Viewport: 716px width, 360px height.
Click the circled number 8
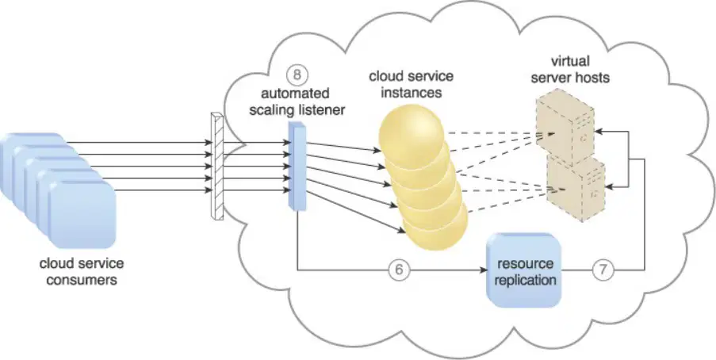(297, 75)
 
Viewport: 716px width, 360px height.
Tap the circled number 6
(399, 270)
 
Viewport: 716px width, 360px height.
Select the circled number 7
(603, 270)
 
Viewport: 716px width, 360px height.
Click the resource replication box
(524, 270)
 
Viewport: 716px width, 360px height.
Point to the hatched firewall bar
(218, 167)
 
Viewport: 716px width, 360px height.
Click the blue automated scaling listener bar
(297, 167)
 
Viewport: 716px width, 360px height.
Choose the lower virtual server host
(576, 188)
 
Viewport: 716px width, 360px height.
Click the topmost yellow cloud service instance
(412, 132)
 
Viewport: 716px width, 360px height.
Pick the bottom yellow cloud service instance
(436, 226)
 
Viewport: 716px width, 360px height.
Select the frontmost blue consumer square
(82, 215)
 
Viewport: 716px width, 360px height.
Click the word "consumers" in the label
(82, 279)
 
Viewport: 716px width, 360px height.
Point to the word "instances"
(412, 92)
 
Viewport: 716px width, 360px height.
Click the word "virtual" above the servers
(570, 61)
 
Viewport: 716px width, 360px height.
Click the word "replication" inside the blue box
(525, 279)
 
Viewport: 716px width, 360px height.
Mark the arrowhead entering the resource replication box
(483, 270)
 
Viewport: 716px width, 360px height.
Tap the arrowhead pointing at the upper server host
(599, 131)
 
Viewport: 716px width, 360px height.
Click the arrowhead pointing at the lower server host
(610, 187)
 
